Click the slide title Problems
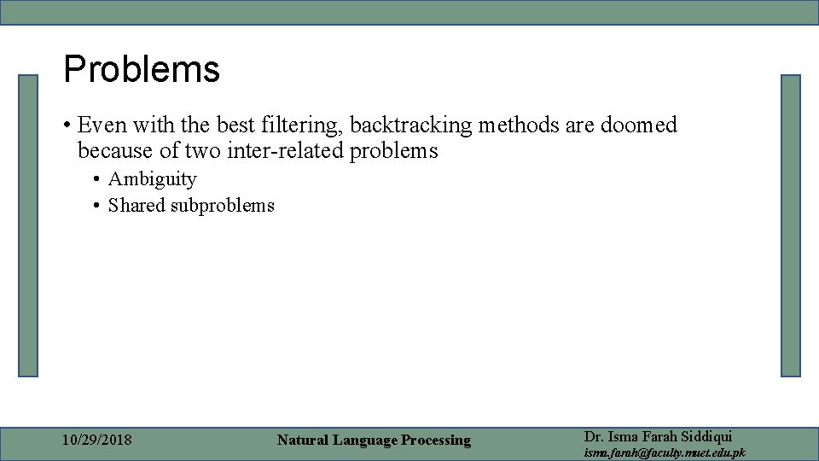tap(142, 70)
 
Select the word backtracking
tap(410, 125)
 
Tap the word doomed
tap(639, 125)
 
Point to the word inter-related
tap(288, 151)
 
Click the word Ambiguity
tap(152, 179)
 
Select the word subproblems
tap(223, 206)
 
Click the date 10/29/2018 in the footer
tap(97, 441)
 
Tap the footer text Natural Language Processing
tap(374, 441)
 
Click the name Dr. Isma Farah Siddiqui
tap(658, 436)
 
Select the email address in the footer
tap(664, 452)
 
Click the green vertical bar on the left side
tap(29, 225)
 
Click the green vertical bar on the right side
tap(791, 225)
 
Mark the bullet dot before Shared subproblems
tap(98, 206)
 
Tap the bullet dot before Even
tap(67, 126)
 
